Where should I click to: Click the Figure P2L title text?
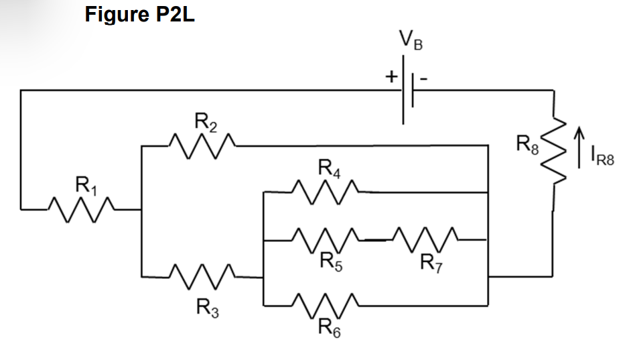pos(139,14)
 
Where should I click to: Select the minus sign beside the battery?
pos(423,78)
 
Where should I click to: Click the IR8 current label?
pos(601,159)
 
